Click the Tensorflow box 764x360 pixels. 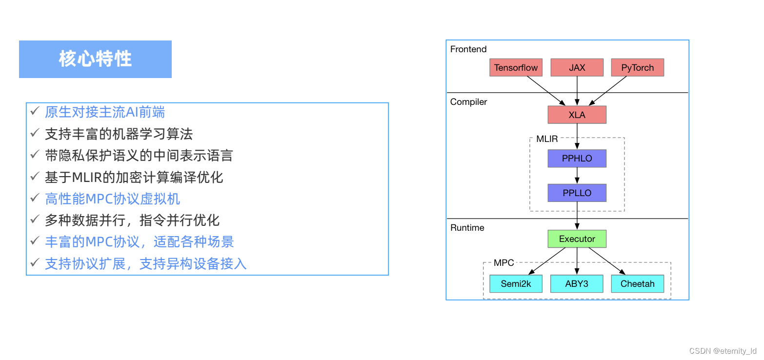click(516, 68)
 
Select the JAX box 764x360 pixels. click(577, 68)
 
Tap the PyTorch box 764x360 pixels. click(637, 68)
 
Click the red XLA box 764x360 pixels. click(577, 115)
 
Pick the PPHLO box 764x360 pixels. click(577, 159)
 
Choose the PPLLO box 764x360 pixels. click(577, 193)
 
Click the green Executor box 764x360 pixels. click(577, 239)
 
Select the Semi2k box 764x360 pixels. click(516, 284)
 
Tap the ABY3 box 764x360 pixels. click(577, 284)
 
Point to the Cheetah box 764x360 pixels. click(637, 284)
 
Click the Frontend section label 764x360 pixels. click(468, 49)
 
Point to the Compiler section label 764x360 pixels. click(468, 102)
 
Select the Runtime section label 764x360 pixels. click(467, 228)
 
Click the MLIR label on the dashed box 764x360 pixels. click(546, 139)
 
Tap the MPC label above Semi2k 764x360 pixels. click(503, 263)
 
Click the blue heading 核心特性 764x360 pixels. click(95, 59)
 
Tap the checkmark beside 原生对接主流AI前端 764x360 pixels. click(35, 112)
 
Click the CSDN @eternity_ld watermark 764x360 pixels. click(723, 351)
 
